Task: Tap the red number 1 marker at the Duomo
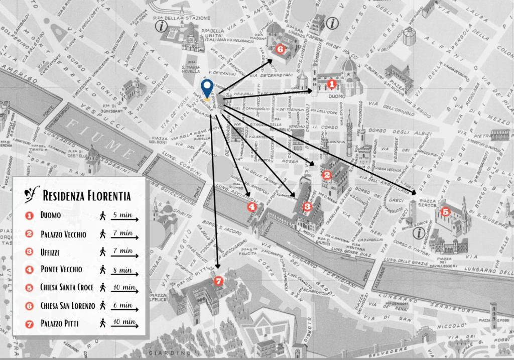point(331,84)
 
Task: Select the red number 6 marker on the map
point(280,49)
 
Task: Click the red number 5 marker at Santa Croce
point(445,212)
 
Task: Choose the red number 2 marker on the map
point(327,175)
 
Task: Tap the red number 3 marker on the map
point(308,206)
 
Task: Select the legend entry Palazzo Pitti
point(60,324)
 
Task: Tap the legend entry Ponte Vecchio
point(61,270)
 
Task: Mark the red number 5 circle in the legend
point(30,288)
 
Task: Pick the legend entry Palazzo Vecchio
point(63,234)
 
